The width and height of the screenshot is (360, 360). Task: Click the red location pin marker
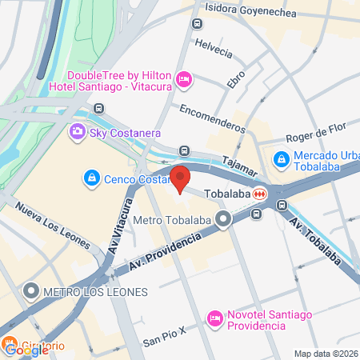tap(179, 178)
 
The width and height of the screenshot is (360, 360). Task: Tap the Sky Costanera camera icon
tap(78, 132)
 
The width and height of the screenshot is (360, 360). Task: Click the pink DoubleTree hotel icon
tap(184, 78)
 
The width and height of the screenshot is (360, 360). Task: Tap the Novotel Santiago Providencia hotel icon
tap(214, 318)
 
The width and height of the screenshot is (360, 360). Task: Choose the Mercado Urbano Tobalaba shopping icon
tap(281, 160)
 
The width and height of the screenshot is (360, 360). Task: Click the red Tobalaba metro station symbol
tap(260, 194)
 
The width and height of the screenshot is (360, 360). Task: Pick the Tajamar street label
tap(239, 164)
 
